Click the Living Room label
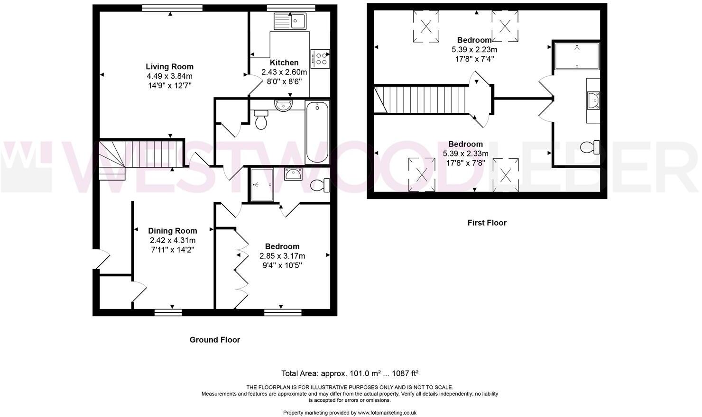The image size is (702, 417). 169,67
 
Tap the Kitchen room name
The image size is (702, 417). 284,63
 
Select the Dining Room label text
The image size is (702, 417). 172,231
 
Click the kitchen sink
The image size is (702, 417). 290,21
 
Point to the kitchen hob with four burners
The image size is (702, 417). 321,58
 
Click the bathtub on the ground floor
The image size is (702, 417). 317,132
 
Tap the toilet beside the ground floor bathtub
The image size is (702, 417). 261,120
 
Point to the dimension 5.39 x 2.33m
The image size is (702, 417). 465,154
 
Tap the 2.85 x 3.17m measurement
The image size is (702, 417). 282,256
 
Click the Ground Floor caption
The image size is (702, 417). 214,340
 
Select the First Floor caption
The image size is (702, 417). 487,223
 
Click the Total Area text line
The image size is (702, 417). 350,373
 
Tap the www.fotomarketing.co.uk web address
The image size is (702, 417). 387,413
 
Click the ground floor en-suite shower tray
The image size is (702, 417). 262,184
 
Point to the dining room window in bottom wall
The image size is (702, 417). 168,312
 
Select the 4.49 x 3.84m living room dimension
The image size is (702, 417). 169,76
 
